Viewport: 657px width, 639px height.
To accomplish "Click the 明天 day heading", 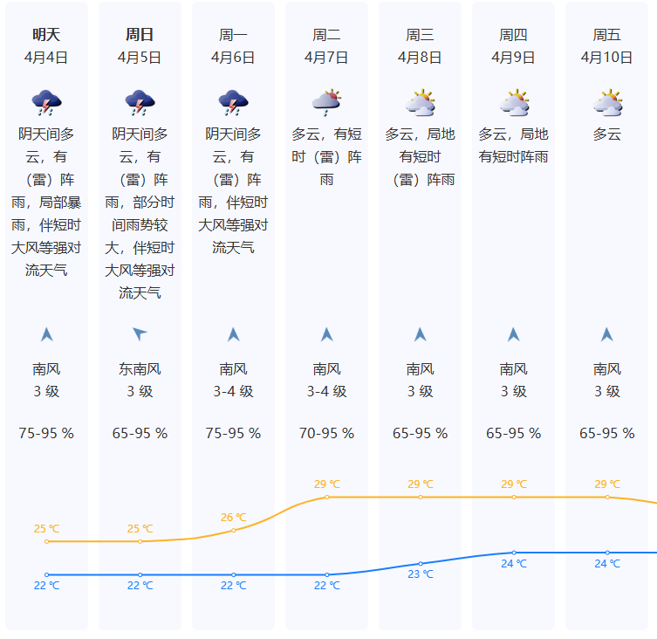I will pos(46,35).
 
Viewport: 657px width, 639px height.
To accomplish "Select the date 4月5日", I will pos(140,58).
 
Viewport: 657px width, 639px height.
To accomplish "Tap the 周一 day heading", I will pos(233,35).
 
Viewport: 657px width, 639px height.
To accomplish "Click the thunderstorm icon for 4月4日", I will pos(46,103).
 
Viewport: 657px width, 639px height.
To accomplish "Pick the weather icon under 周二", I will pos(326,103).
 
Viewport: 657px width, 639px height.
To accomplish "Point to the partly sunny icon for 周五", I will pos(607,103).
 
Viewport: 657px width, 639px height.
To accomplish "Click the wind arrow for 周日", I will pos(140,333).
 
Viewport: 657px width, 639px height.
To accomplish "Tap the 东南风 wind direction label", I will pos(140,369).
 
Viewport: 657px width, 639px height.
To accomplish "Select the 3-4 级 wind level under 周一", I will pos(233,391).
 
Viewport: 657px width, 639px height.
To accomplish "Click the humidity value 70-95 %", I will pos(326,433).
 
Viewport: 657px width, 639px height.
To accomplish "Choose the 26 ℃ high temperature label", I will pos(234,517).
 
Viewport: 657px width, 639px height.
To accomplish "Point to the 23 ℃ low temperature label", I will pos(421,574).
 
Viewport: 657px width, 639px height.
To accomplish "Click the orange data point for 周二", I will pos(327,497).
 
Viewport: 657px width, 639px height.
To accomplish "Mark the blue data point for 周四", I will pos(514,553).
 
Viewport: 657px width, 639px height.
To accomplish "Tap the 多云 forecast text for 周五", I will pos(607,134).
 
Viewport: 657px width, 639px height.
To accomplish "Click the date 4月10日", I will pos(607,58).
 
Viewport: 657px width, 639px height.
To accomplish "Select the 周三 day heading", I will pos(420,35).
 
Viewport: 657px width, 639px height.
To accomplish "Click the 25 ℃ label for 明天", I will pos(46,528).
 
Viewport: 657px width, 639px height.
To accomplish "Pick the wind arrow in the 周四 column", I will pos(514,333).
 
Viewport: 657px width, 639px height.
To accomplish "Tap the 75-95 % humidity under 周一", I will pos(233,433).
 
